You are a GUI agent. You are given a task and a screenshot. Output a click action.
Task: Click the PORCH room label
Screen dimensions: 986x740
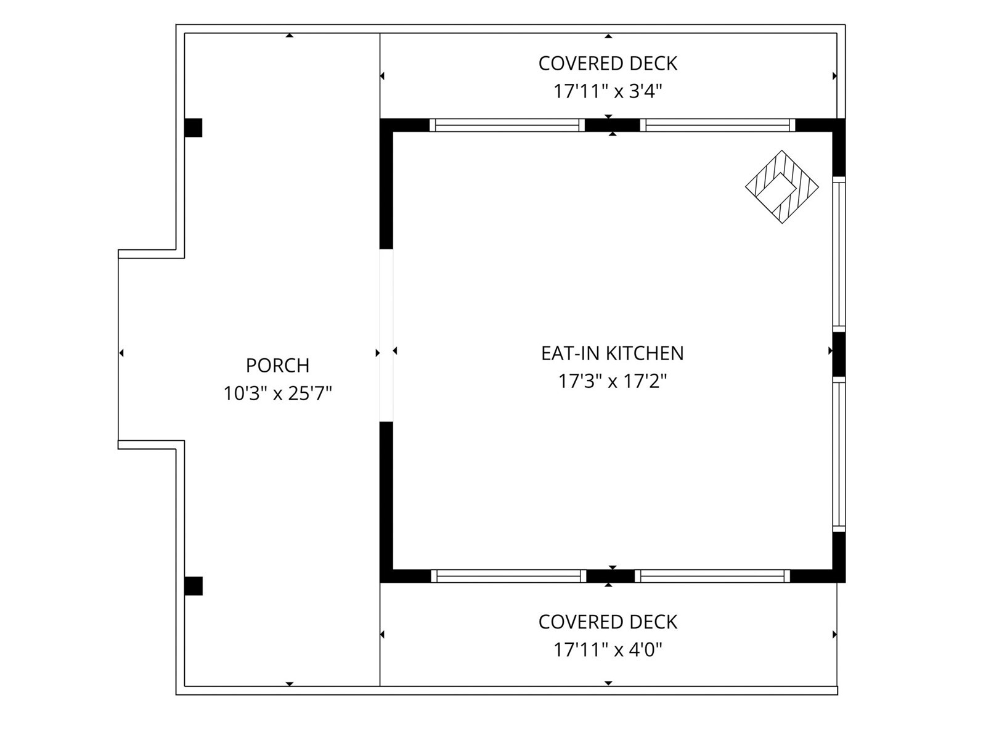point(277,366)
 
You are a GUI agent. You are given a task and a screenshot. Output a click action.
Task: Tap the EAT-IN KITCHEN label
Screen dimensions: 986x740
point(613,353)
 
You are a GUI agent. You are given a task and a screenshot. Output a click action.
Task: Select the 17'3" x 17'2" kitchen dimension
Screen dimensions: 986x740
point(613,382)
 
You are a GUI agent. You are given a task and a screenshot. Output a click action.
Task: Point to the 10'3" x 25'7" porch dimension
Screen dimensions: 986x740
point(277,393)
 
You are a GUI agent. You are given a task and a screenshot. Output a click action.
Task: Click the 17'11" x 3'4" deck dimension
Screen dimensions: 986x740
point(608,92)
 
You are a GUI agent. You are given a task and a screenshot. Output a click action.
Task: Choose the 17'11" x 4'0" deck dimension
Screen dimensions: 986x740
point(608,650)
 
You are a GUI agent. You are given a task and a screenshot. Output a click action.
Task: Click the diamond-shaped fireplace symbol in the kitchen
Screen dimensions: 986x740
point(781,186)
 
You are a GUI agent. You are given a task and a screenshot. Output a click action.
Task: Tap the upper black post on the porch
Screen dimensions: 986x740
point(193,128)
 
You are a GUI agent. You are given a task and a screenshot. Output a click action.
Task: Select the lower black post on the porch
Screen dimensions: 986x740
point(193,586)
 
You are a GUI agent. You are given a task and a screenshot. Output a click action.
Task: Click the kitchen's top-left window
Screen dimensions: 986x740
point(507,125)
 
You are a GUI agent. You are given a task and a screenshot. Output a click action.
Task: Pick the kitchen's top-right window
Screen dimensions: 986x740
point(717,125)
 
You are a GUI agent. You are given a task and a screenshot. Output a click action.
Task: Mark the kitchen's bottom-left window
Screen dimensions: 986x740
point(508,576)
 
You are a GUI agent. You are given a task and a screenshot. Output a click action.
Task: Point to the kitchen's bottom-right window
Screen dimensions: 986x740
point(712,576)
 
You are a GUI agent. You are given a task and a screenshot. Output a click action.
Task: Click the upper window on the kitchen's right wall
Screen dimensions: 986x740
point(839,254)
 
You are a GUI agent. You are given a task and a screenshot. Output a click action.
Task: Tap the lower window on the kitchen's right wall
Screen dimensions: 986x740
point(839,454)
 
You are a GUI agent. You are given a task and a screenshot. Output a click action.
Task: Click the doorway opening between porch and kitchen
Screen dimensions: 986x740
point(386,335)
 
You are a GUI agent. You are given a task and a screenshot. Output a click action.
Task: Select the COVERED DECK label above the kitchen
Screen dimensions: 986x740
point(608,64)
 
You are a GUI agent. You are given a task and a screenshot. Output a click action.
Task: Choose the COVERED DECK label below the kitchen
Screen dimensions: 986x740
point(608,622)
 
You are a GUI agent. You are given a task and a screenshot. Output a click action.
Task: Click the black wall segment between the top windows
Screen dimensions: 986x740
point(613,125)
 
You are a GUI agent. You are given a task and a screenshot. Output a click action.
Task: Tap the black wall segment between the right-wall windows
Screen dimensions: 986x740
point(839,354)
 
